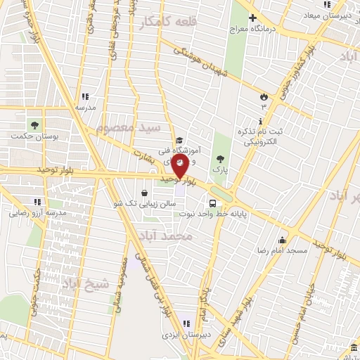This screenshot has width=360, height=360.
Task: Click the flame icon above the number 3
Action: [x=264, y=96]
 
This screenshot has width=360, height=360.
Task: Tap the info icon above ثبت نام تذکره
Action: [x=262, y=122]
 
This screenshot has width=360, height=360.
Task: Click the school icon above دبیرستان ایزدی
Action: [x=186, y=323]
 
